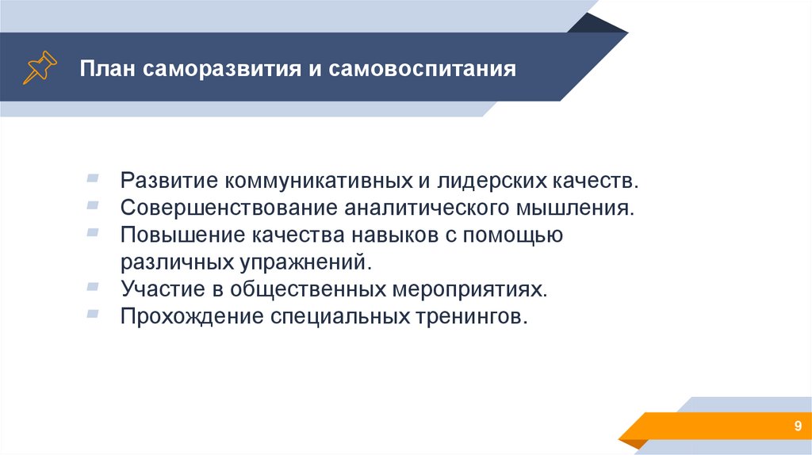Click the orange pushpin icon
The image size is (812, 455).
click(40, 67)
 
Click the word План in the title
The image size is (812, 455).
click(108, 68)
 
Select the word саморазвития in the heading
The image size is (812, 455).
click(222, 69)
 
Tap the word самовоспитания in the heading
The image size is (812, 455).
click(422, 68)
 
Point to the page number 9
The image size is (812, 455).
click(798, 426)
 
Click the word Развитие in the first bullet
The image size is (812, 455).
click(169, 180)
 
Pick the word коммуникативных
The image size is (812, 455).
click(318, 181)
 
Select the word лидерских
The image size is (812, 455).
click(492, 181)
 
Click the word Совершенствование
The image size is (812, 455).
click(228, 208)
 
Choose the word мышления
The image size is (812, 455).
click(575, 208)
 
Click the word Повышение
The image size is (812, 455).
click(183, 235)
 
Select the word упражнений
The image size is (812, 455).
click(305, 262)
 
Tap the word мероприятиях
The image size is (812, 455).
click(469, 289)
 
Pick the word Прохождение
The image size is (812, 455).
click(192, 316)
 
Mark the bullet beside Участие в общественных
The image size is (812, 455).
click(93, 286)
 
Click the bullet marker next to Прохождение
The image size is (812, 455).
click(93, 313)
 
